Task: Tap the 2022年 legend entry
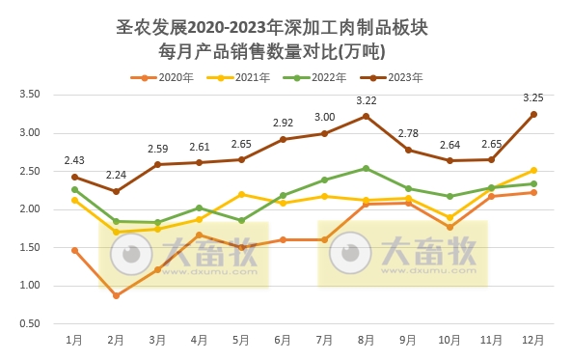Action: pyautogui.click(x=323, y=76)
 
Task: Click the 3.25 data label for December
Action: pyautogui.click(x=531, y=97)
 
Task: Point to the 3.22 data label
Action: pyautogui.click(x=366, y=100)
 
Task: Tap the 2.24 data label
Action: pyautogui.click(x=116, y=175)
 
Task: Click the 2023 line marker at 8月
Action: pyautogui.click(x=366, y=116)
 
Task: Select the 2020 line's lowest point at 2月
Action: pyautogui.click(x=116, y=295)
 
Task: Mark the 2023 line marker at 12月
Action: pyautogui.click(x=532, y=114)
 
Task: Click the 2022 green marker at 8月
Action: pyautogui.click(x=366, y=168)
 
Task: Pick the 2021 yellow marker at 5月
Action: pyautogui.click(x=241, y=194)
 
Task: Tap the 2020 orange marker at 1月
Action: pyautogui.click(x=74, y=250)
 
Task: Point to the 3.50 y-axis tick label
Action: pyautogui.click(x=30, y=95)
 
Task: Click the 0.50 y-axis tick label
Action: pyautogui.click(x=30, y=323)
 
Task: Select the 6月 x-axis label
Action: pyautogui.click(x=283, y=340)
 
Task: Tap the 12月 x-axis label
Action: pyautogui.click(x=532, y=340)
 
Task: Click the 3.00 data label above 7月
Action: pyautogui.click(x=324, y=117)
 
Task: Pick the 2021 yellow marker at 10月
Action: pyautogui.click(x=449, y=218)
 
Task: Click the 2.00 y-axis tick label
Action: pyautogui.click(x=30, y=209)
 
